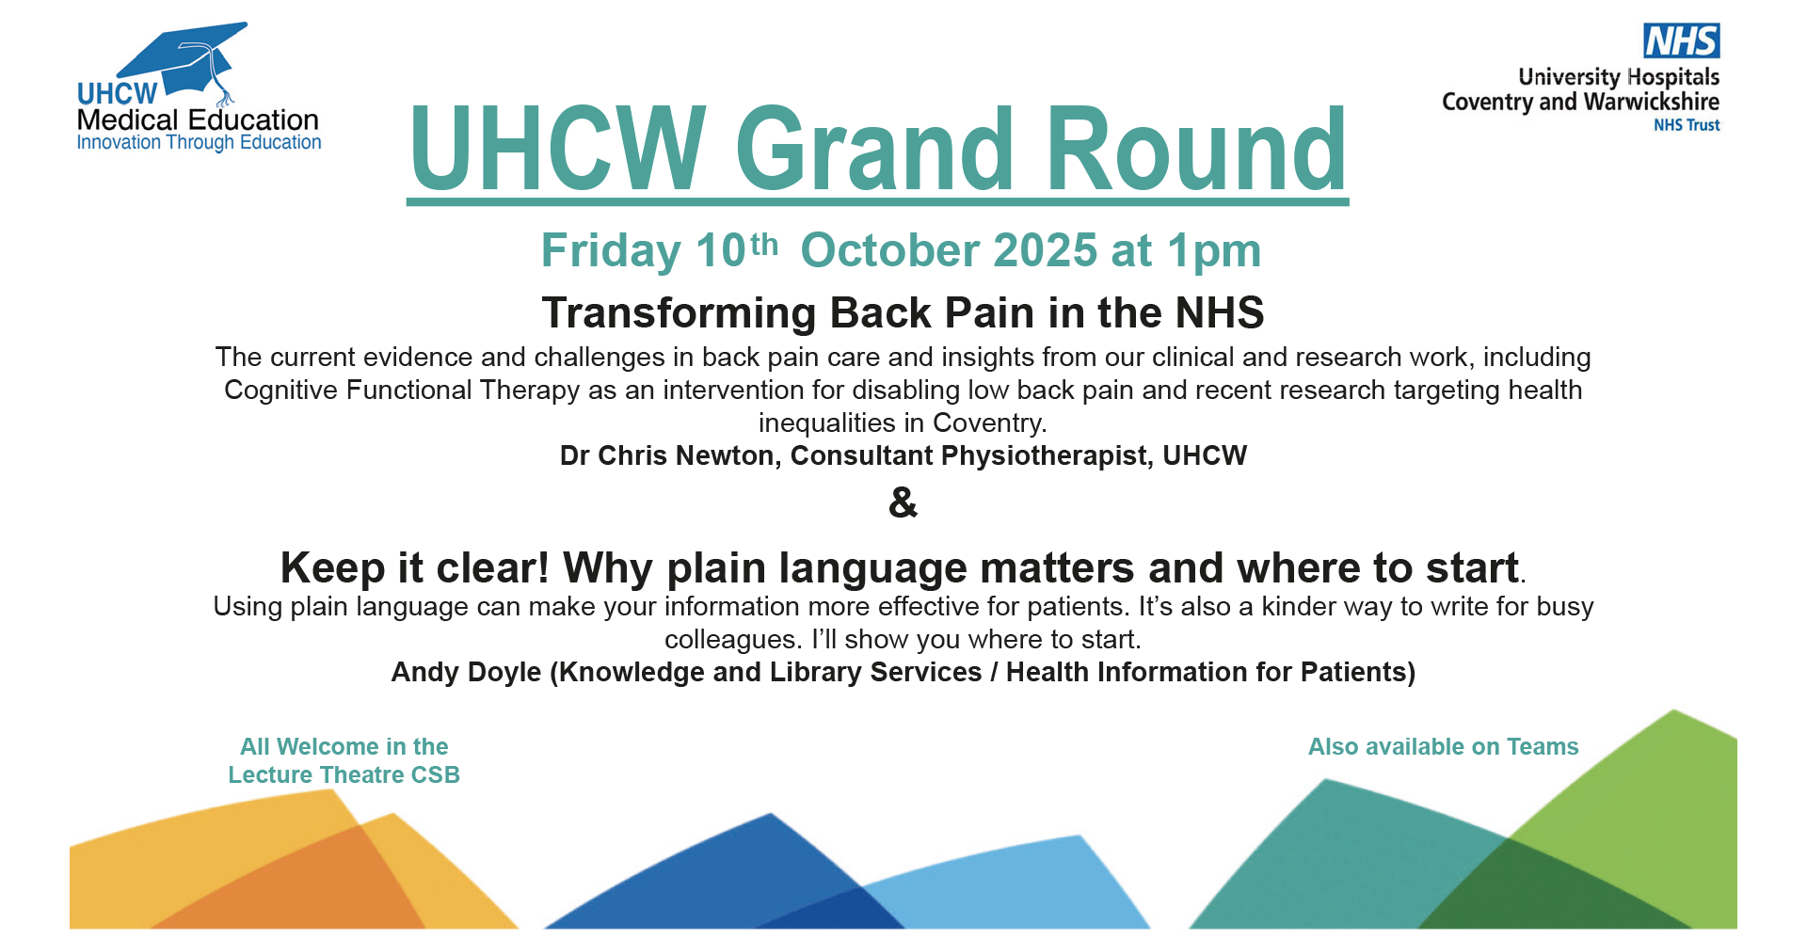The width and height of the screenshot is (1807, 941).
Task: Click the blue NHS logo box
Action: pyautogui.click(x=1682, y=40)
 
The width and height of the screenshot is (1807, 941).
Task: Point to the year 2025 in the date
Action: pyautogui.click(x=1045, y=251)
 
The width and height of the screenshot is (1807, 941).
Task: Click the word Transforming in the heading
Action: pyautogui.click(x=680, y=313)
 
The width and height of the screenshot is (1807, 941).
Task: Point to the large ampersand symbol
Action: pyautogui.click(x=903, y=502)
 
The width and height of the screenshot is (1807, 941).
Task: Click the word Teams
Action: pyautogui.click(x=1543, y=747)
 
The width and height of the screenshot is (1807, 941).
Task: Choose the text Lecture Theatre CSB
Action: pyautogui.click(x=344, y=775)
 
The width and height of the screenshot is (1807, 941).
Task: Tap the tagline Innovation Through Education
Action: pyautogui.click(x=199, y=143)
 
